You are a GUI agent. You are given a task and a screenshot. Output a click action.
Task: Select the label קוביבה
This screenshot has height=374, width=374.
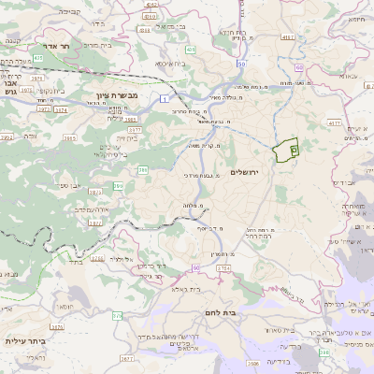69,12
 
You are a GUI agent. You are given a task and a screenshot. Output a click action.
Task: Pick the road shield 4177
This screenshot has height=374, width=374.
334,122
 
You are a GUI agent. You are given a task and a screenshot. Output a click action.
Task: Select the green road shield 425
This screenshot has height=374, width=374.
190,49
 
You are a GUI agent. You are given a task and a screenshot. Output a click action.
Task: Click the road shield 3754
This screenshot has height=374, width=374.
223,268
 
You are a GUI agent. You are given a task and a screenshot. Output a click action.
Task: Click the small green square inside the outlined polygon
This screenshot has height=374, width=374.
294,149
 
